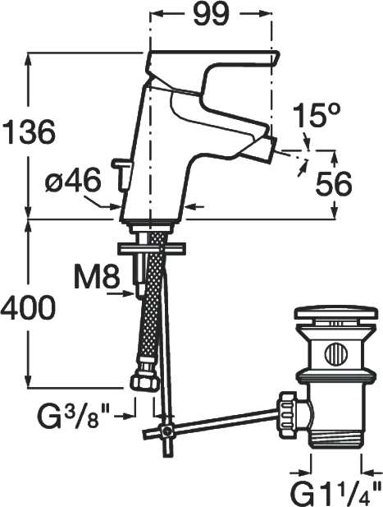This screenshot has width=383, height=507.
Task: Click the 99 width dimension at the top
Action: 212,14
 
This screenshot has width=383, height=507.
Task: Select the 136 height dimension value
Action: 29,132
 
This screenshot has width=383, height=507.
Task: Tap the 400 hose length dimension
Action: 28,307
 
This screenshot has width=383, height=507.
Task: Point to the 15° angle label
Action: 317,115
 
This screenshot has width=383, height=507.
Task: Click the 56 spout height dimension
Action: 333,184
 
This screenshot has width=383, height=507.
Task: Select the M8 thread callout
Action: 97,276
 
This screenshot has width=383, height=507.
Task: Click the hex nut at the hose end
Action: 145,382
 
